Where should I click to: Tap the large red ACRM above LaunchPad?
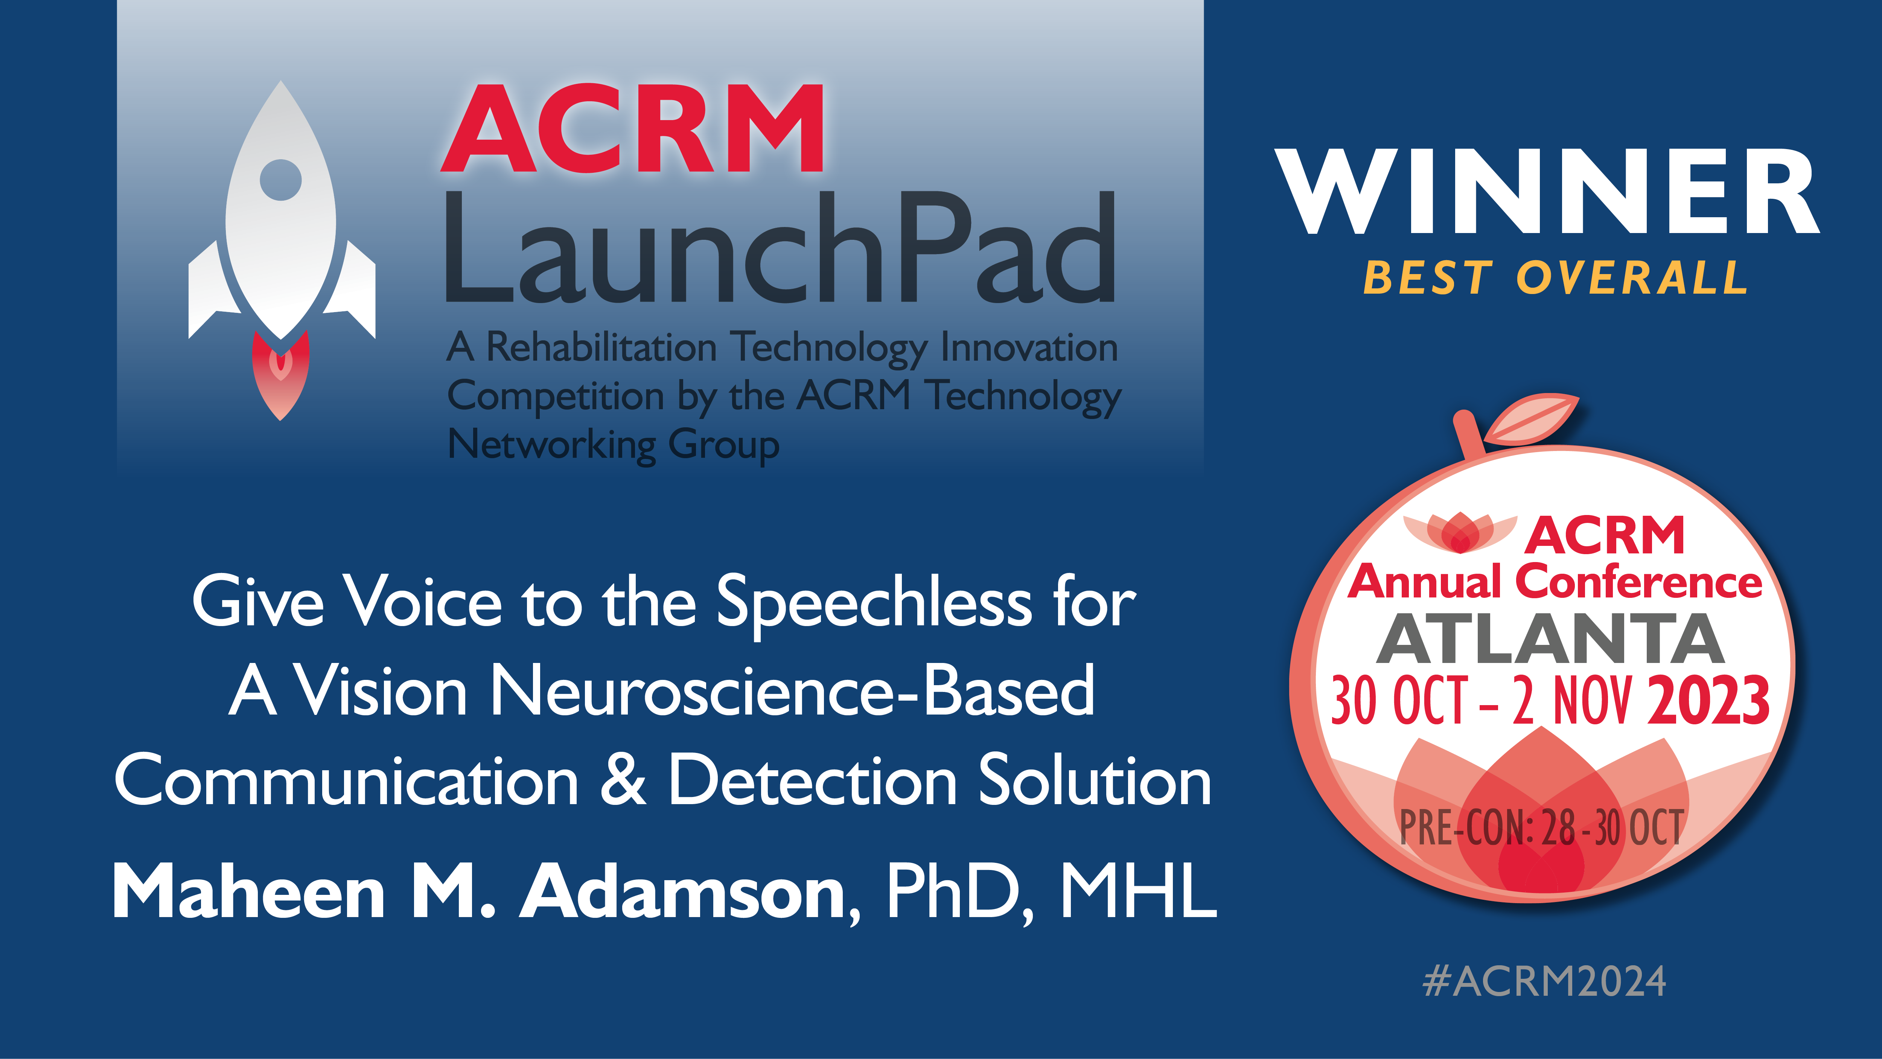[633, 129]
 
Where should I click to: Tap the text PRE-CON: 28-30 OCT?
[1541, 828]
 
